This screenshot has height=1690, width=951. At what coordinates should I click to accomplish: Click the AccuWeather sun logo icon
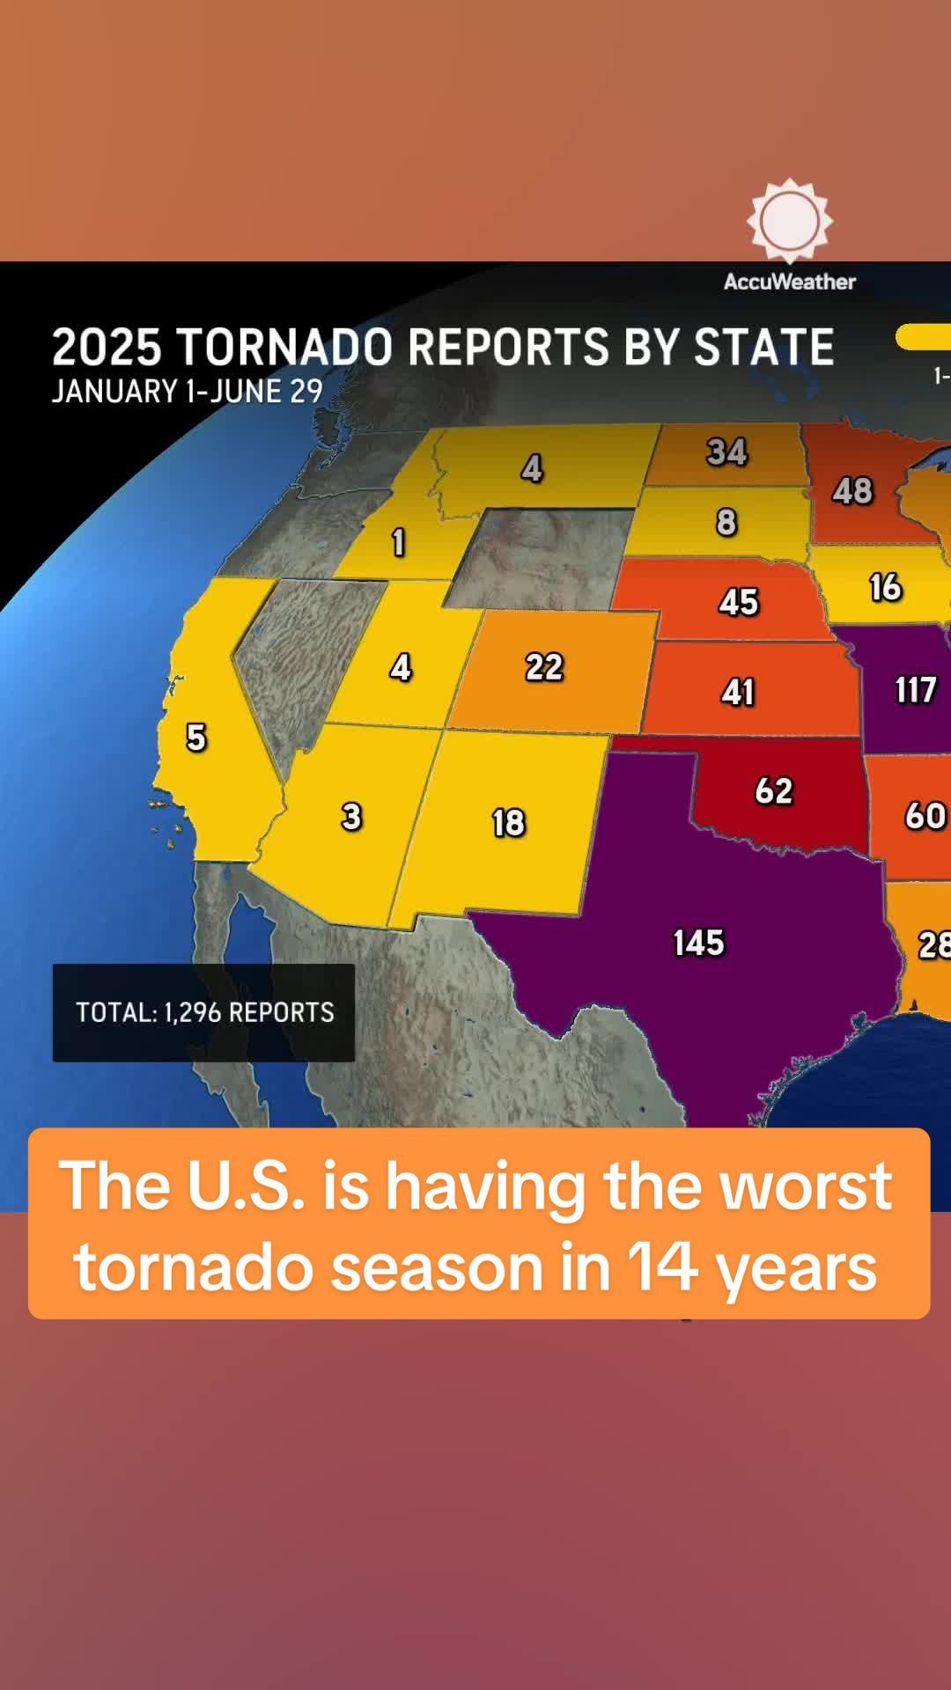coord(790,221)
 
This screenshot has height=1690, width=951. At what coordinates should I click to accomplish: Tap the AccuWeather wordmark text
coord(790,282)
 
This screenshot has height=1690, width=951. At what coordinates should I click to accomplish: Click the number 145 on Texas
coord(698,943)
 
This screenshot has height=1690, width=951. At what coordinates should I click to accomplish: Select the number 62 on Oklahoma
coord(774,790)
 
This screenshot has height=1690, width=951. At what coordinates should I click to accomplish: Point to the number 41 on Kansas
coord(738,692)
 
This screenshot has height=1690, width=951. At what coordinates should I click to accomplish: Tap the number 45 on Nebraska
coord(738,602)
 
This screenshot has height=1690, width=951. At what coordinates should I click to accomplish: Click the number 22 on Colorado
coord(544,667)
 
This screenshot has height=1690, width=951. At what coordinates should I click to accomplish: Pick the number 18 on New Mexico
coord(508,823)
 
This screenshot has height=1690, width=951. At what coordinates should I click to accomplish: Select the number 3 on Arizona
coord(351,817)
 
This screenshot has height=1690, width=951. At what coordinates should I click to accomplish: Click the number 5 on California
coord(196,737)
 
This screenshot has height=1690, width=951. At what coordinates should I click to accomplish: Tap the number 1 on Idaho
coord(398,542)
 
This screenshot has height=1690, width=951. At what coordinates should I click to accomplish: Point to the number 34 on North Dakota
coord(726,452)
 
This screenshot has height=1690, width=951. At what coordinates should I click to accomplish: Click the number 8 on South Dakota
coord(726,522)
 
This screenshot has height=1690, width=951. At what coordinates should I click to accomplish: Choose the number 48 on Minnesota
coord(852,490)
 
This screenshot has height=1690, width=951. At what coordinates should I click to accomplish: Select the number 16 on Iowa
coord(885,587)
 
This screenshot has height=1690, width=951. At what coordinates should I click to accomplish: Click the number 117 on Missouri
coord(915,689)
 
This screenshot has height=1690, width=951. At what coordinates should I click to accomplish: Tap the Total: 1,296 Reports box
coord(204,1012)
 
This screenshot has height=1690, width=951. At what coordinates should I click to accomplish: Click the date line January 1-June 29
coord(188,391)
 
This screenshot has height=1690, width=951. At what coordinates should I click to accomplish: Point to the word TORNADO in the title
coord(284,347)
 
